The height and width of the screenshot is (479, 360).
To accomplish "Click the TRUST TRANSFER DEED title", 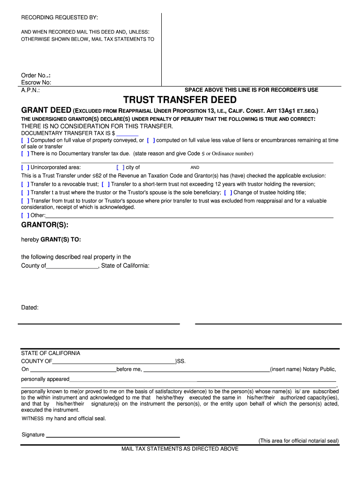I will pos(180,100).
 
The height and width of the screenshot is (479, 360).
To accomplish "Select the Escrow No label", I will pos(36,83).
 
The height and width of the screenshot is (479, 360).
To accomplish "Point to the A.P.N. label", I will pos(30,90).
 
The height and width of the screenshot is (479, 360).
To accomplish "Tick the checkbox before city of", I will pos(120,167).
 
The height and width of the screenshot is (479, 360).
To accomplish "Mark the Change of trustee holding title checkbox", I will pos(228,192).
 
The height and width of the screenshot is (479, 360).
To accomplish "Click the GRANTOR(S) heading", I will pos(45,225).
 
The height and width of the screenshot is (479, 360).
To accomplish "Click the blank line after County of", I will pos(72,266).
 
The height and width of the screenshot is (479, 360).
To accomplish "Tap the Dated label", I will pos(30,307).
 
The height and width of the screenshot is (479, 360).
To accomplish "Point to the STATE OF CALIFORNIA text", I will pos(50,353).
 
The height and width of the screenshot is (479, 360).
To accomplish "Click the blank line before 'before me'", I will pos(73,370).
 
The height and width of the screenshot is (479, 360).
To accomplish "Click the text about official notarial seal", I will pos(299,441).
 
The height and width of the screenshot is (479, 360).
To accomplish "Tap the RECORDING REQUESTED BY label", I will pos(59,18).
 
